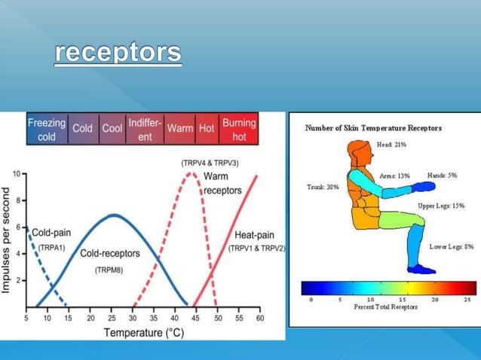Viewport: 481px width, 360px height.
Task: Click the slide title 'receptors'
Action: (x=118, y=53)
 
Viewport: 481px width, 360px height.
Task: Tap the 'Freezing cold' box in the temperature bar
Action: (x=47, y=129)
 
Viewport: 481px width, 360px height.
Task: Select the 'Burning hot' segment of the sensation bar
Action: (x=239, y=129)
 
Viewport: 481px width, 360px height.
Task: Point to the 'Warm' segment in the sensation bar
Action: (x=179, y=129)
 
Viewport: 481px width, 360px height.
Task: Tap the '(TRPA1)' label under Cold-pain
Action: (x=52, y=246)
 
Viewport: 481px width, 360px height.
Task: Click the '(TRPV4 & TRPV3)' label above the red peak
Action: (x=211, y=163)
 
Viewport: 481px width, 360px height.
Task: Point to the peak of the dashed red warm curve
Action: (x=193, y=174)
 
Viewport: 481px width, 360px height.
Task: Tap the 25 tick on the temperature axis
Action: (x=112, y=319)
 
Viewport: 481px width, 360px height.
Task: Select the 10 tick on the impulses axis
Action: (x=17, y=174)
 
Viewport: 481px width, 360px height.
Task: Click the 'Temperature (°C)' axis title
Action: (x=143, y=332)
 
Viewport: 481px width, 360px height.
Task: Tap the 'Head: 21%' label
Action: (x=393, y=144)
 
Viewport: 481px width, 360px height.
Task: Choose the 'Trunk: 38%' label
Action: (x=323, y=186)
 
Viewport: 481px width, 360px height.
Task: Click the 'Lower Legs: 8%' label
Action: (x=451, y=246)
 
